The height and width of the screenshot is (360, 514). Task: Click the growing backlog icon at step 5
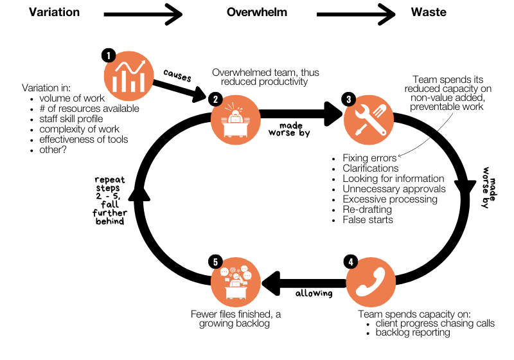[236, 281]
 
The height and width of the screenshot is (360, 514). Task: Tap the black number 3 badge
[348, 99]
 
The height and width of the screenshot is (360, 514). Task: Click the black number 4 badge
[350, 262]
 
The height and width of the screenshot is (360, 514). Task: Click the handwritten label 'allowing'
[314, 293]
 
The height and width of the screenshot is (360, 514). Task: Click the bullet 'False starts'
[368, 220]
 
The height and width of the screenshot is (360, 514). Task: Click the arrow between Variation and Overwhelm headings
[143, 12]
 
